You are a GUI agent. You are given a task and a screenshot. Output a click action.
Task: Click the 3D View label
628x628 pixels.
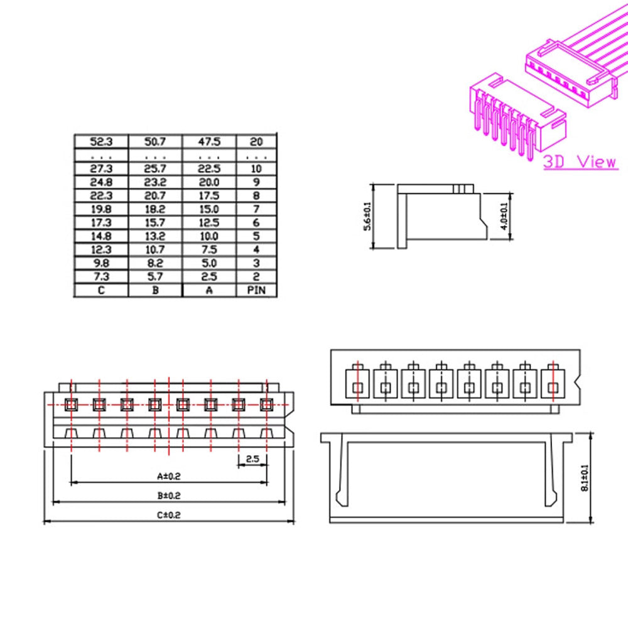[x=580, y=161]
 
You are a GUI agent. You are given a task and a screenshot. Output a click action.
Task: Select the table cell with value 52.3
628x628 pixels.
[x=101, y=141]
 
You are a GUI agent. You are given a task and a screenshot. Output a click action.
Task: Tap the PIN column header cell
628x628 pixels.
[x=256, y=290]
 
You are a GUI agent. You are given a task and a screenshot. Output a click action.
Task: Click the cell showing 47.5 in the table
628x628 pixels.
[x=209, y=141]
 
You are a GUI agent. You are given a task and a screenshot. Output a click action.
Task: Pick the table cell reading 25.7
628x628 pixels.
[x=155, y=169]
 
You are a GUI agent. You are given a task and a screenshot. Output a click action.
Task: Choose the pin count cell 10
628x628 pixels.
[x=256, y=169]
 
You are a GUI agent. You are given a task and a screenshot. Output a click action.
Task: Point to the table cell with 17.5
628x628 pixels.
[x=209, y=195]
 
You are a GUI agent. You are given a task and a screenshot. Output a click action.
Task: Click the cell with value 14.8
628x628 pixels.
[x=101, y=236]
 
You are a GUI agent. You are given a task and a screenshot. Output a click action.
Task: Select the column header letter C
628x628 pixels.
[x=101, y=290]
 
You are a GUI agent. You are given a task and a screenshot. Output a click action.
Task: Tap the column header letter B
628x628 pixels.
[x=155, y=290]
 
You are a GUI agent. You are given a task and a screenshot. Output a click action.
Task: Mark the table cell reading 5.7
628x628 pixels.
[x=155, y=277]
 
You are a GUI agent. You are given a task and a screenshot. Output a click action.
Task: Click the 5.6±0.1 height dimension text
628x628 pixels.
[x=368, y=216]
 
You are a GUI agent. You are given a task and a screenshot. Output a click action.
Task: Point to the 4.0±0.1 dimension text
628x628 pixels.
[x=504, y=216]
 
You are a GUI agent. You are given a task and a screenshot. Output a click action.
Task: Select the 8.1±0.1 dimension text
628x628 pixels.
[x=585, y=478]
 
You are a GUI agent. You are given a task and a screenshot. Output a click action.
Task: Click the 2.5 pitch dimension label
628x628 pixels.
[x=252, y=459]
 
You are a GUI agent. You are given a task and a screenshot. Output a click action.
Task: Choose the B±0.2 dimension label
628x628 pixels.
[x=168, y=495]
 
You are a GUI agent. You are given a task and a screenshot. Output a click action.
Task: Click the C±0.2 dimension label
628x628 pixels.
[x=168, y=514]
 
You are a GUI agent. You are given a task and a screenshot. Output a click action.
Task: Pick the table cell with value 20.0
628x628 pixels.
[x=209, y=182]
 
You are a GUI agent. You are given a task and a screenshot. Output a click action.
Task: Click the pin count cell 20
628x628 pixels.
[x=256, y=141]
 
